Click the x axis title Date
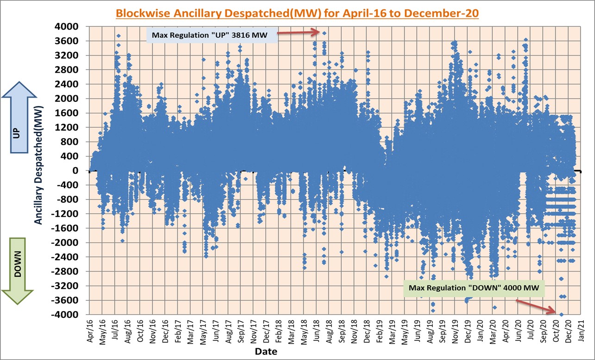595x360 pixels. pos(266,352)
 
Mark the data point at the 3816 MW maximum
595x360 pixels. pos(325,33)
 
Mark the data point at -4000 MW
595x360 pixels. pos(561,315)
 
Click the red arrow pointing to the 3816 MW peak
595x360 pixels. pos(300,32)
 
